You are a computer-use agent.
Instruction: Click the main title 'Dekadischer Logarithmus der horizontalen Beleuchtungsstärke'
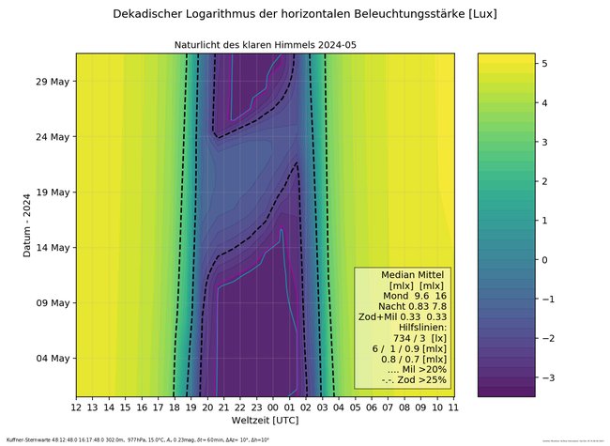(x=304, y=14)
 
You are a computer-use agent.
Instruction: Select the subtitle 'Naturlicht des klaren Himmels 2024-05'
(x=266, y=45)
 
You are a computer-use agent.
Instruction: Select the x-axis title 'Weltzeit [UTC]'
(x=266, y=422)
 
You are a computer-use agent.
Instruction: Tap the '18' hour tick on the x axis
(x=175, y=408)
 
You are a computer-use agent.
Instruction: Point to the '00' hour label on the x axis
(x=273, y=408)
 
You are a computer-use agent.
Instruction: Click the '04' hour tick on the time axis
(x=339, y=408)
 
